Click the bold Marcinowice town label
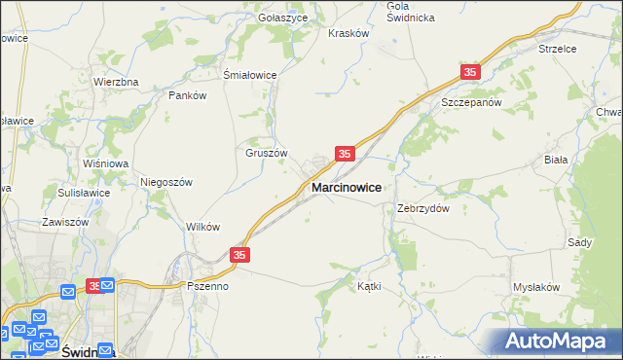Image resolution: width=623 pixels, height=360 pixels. click(346, 186)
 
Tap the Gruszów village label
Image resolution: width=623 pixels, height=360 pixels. click(266, 153)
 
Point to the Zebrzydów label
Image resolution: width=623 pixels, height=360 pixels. click(422, 208)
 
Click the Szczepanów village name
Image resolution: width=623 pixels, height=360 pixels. click(470, 101)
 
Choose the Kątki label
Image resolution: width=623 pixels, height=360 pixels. click(369, 286)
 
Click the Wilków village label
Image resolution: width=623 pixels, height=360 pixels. click(202, 226)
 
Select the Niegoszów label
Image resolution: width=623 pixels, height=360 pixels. click(167, 182)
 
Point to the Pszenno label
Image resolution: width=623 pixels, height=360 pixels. click(207, 287)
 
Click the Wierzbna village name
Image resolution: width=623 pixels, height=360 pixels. click(116, 82)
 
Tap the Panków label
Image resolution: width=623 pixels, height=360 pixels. click(188, 95)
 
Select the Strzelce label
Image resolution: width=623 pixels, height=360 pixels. click(558, 48)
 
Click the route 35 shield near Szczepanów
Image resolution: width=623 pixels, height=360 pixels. click(471, 73)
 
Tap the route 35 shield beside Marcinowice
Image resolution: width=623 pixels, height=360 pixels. click(345, 154)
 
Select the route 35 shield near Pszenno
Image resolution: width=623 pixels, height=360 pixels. click(241, 255)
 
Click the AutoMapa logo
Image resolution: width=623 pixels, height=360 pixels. click(555, 341)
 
